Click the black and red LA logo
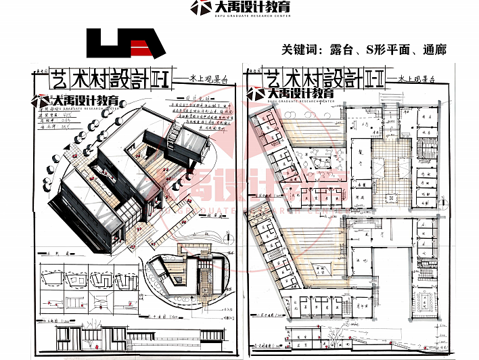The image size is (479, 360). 126,44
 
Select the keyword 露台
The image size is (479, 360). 332,49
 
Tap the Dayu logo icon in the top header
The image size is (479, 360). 200,8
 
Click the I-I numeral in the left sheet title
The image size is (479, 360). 164,80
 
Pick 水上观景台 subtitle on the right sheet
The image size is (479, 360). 417,79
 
